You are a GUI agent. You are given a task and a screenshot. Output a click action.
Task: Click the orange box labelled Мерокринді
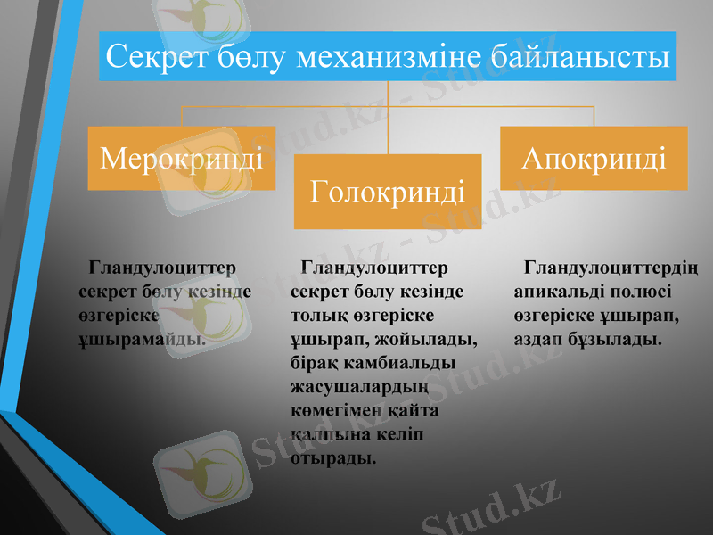tap(182, 159)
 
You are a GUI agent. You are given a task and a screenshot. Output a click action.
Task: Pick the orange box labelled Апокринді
tap(594, 158)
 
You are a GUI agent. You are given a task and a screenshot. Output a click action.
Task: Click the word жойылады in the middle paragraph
tap(436, 339)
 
